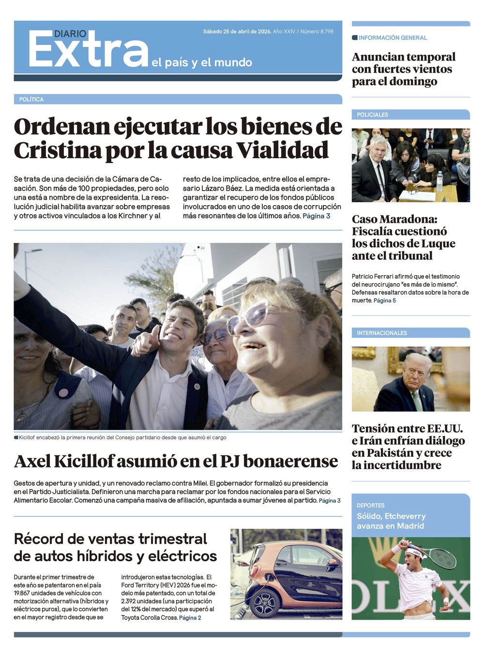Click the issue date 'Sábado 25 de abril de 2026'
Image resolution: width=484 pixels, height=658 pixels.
pos(237,31)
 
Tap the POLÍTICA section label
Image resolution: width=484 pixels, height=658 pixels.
pos(31,99)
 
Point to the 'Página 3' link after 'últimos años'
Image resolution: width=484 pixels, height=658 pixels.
pos(317,216)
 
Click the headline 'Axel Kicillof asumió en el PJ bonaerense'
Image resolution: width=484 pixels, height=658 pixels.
pos(176,461)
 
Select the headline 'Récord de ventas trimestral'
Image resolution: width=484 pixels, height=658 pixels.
pos(110,538)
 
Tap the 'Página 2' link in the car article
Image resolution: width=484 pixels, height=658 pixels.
pos(190,618)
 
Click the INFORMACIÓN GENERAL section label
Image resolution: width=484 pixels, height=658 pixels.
pos(393,38)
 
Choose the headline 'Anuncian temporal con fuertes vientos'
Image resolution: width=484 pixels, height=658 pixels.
pos(403,69)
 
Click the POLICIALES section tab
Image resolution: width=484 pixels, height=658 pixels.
pos(372,115)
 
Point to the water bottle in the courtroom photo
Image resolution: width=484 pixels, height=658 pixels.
pos(439,182)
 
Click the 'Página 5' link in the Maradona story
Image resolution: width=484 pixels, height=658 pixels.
pos(385,300)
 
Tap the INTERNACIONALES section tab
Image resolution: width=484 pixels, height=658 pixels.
pos(382,333)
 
